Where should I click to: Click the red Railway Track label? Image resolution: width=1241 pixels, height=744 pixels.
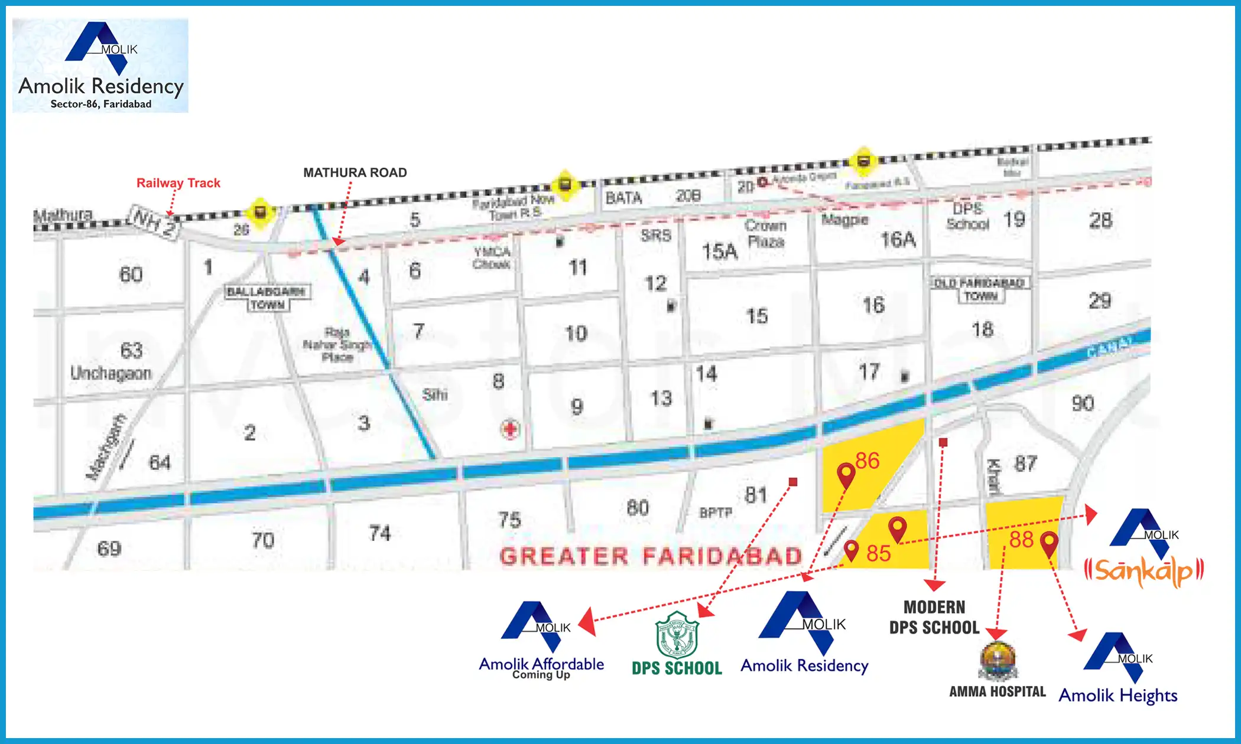tap(178, 183)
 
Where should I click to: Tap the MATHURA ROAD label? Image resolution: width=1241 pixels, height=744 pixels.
tap(355, 172)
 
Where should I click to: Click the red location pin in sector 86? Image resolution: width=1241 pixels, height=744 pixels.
tap(846, 474)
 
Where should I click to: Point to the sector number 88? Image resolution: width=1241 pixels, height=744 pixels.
tap(1021, 539)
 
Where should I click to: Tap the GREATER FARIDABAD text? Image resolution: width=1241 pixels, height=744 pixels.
tap(650, 556)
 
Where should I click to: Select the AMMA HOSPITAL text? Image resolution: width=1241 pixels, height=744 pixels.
tap(997, 691)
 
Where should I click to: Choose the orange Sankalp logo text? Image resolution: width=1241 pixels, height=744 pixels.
tap(1143, 571)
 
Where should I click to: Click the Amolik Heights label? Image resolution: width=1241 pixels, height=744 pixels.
tap(1117, 696)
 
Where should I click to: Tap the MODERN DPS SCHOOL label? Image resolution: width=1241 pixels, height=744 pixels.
tap(934, 617)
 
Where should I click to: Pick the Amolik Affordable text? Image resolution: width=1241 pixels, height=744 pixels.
tap(541, 664)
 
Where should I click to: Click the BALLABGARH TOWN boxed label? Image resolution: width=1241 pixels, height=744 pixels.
tap(268, 298)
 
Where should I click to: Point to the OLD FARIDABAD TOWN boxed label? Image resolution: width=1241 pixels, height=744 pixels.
tap(980, 289)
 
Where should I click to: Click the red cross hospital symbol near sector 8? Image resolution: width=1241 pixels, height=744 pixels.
tap(510, 429)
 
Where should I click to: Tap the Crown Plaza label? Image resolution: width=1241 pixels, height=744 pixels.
tap(765, 233)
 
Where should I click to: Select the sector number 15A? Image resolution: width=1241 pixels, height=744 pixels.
tap(719, 252)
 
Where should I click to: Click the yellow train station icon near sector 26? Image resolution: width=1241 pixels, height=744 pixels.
tap(259, 211)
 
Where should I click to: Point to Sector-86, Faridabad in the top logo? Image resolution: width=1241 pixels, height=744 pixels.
tap(100, 104)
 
